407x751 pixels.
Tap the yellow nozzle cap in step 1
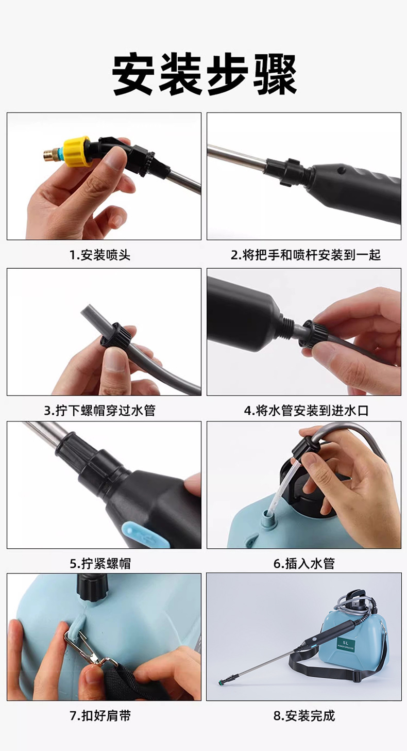click(77, 151)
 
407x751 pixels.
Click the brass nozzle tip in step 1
click(50, 153)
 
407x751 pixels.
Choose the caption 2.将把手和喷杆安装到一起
click(305, 255)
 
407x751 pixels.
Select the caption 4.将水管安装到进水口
click(306, 411)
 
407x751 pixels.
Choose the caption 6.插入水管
click(304, 563)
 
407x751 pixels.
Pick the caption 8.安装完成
click(304, 715)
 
